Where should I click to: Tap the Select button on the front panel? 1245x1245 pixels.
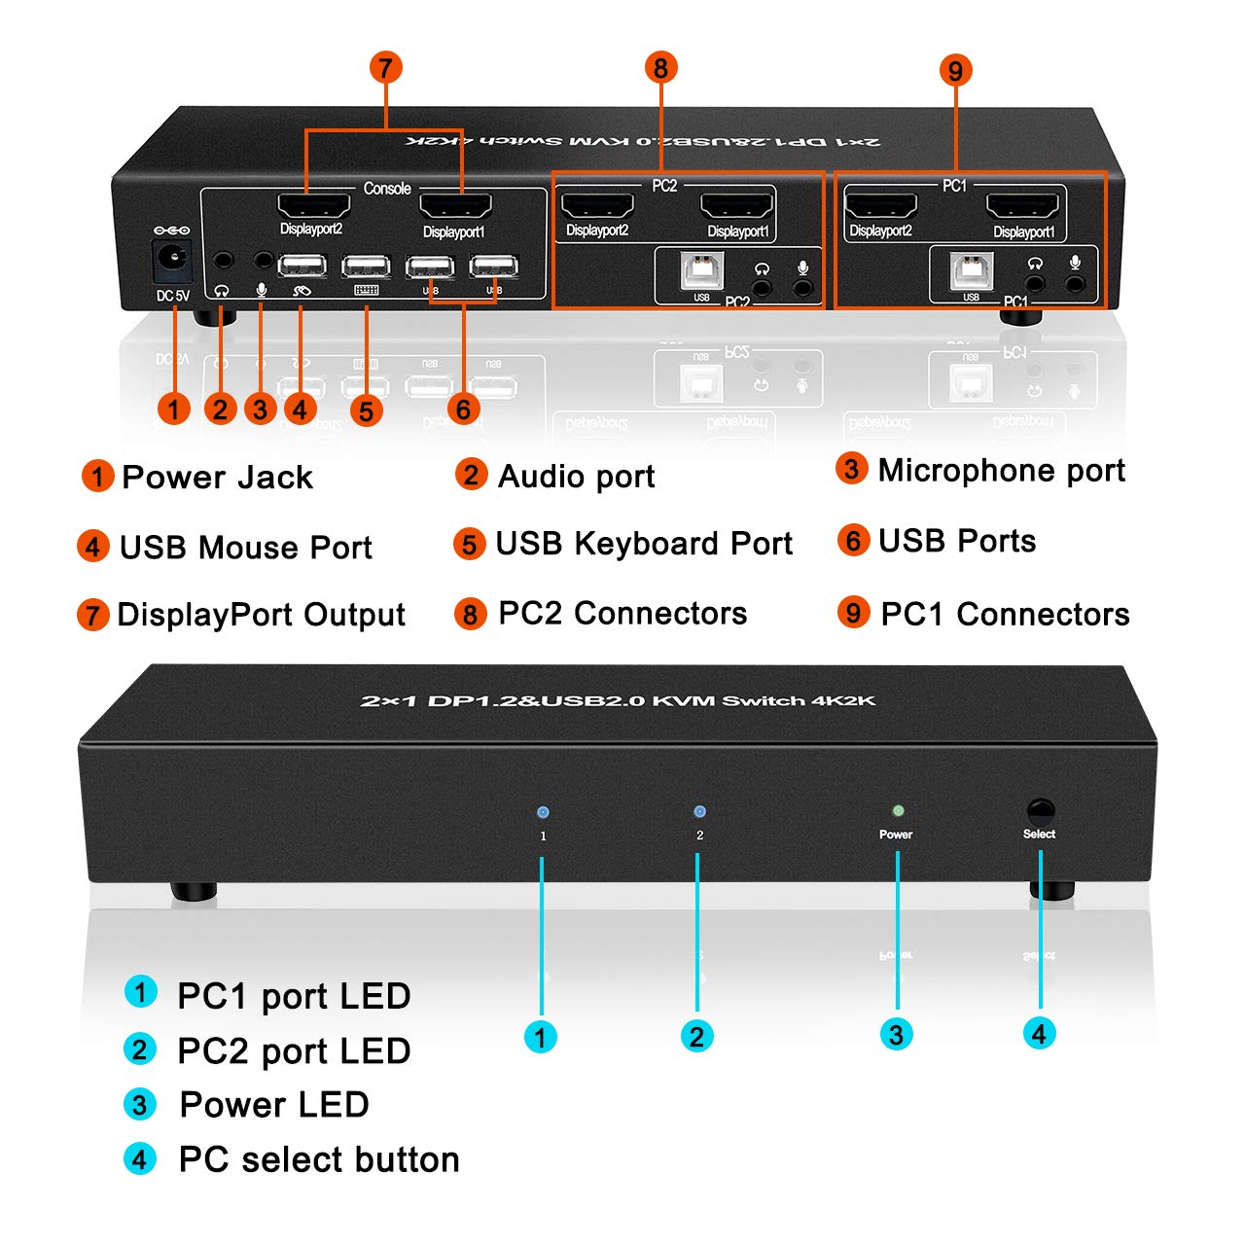tap(1040, 810)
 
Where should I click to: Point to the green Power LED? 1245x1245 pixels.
tap(898, 810)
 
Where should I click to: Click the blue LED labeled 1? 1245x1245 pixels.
tap(543, 812)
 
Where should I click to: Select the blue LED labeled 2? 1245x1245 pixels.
tap(698, 811)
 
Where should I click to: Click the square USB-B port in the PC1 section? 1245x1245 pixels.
tap(972, 271)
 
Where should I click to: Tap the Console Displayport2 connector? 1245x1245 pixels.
tap(313, 206)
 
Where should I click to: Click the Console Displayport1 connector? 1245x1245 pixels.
tap(454, 206)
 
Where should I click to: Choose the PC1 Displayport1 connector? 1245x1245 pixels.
tap(1022, 207)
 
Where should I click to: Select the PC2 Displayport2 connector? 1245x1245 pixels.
tap(597, 206)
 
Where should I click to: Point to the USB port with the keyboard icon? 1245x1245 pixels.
tap(366, 267)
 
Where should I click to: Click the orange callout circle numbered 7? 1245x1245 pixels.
tap(386, 67)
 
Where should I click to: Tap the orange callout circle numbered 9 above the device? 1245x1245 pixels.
tap(955, 70)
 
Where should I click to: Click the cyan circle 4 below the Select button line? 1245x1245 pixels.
tap(1039, 1033)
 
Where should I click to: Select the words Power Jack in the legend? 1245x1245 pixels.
tap(217, 478)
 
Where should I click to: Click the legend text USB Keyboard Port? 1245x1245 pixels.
tap(644, 544)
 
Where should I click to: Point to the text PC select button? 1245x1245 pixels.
tap(319, 1159)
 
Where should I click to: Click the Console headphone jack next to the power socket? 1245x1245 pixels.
tap(224, 261)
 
